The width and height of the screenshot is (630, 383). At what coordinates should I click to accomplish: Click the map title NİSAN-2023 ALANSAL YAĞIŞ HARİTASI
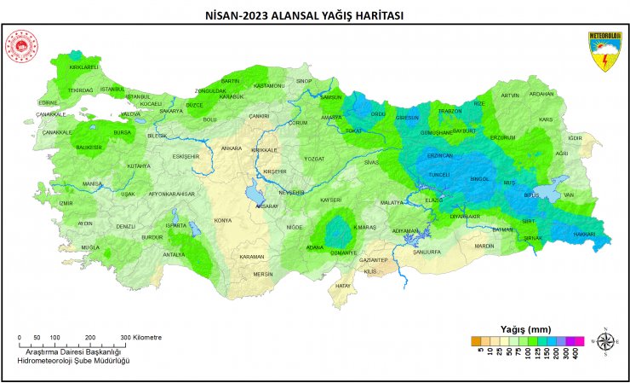(314, 15)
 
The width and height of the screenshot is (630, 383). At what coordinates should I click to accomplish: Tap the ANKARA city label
(232, 148)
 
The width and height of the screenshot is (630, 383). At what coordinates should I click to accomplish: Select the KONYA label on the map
(223, 220)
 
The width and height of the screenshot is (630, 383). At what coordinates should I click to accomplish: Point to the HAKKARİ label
(583, 234)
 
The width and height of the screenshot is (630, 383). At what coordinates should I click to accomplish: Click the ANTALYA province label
(174, 254)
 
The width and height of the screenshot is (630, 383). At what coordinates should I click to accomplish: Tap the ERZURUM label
(502, 137)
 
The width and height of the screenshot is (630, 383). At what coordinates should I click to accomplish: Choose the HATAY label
(343, 286)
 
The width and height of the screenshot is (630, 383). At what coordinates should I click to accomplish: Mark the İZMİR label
(66, 203)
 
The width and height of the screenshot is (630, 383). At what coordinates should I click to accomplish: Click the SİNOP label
(304, 81)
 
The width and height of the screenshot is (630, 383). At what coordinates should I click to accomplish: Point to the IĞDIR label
(575, 137)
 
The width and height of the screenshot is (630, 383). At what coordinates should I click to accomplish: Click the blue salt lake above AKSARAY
(255, 195)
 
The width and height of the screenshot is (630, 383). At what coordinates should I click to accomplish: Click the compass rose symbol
(606, 341)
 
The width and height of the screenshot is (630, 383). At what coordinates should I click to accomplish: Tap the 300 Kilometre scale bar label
(140, 337)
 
